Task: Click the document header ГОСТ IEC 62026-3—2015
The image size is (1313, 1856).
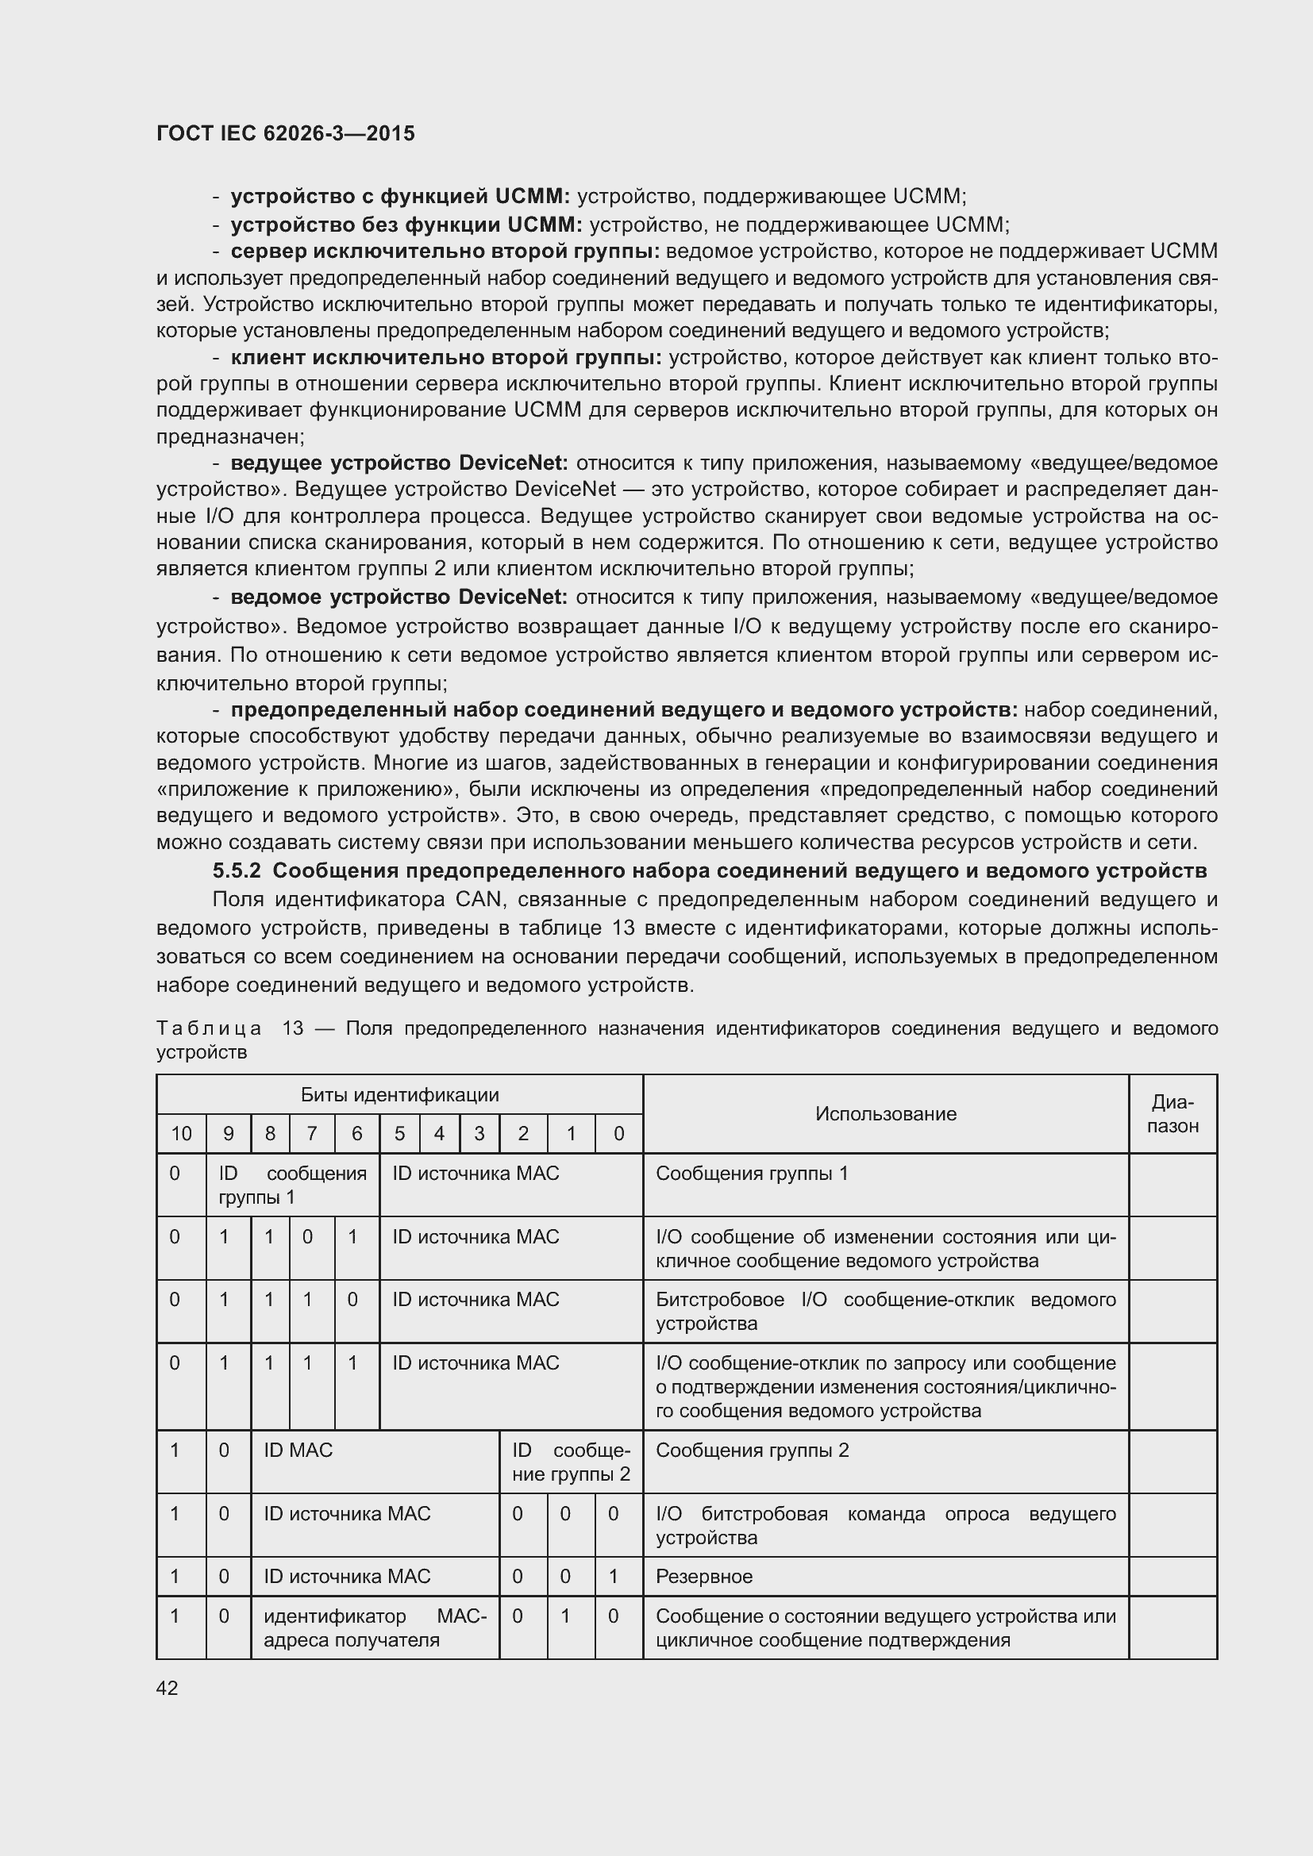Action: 286,133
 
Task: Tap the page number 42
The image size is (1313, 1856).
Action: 167,1688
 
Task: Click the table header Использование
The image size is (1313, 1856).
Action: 885,1114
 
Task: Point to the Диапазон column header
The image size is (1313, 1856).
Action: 1172,1114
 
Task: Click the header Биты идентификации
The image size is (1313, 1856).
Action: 399,1094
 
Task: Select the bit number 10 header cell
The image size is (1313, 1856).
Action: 181,1134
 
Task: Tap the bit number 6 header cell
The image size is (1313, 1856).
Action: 356,1134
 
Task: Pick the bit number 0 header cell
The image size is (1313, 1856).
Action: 618,1134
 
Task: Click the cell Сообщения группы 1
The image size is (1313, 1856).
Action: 752,1173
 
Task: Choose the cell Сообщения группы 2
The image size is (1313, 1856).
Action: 752,1451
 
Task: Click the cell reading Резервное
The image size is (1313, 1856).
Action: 704,1577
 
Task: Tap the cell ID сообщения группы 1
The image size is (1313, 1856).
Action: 292,1185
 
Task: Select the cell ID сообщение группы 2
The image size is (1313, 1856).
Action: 571,1462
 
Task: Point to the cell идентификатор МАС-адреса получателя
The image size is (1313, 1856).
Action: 375,1628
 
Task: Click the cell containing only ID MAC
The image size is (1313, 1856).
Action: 298,1451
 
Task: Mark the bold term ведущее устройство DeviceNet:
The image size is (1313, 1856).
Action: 399,463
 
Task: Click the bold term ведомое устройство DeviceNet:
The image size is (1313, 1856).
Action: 399,598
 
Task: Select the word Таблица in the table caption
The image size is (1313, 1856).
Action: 209,1028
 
